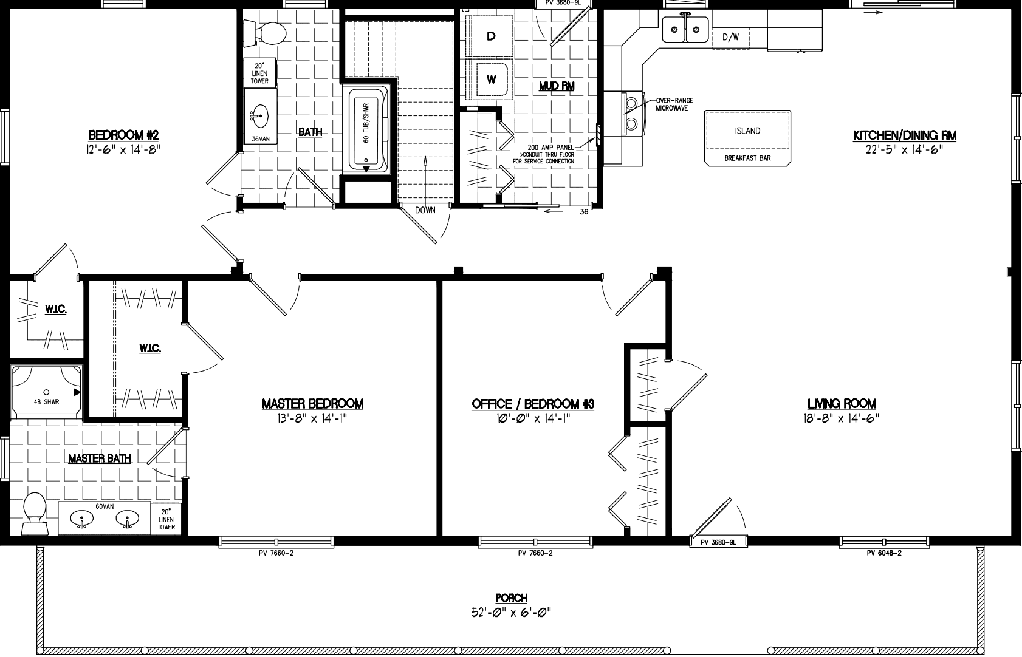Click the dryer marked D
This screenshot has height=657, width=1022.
tap(490, 36)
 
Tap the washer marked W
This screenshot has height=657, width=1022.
tap(492, 79)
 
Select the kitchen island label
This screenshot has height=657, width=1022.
tap(747, 131)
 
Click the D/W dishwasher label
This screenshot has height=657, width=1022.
tap(730, 37)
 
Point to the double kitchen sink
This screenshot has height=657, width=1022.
tap(685, 28)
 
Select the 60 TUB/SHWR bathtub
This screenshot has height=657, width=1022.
tap(366, 130)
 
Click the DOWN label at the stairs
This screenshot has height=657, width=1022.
tap(425, 210)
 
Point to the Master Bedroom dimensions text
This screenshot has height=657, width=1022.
tap(312, 418)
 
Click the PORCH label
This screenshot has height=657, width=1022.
tap(511, 598)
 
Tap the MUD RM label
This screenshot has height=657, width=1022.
tap(557, 86)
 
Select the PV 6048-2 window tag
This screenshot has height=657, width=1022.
tap(883, 553)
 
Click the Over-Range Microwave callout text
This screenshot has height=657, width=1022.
tap(674, 104)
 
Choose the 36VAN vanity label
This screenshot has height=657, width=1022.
tap(260, 138)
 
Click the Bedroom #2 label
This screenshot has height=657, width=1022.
tap(123, 135)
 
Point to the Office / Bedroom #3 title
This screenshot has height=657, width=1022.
tap(533, 404)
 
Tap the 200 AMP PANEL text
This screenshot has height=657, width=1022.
tap(550, 148)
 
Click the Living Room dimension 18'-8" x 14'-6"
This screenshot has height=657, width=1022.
tap(842, 418)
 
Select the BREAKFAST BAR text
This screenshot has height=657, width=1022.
tap(747, 158)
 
